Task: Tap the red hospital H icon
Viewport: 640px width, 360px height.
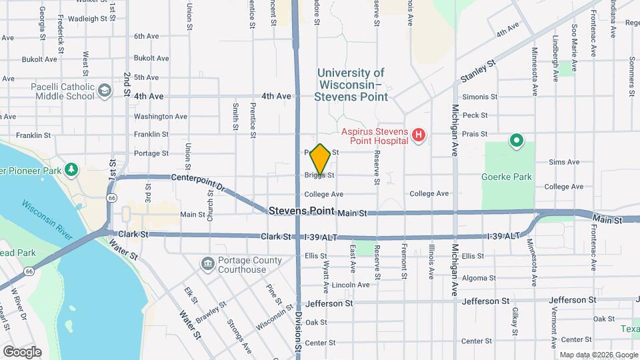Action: pyautogui.click(x=419, y=136)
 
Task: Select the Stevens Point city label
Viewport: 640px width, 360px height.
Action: pyautogui.click(x=302, y=211)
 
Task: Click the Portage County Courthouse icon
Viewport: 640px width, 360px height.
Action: pyautogui.click(x=207, y=264)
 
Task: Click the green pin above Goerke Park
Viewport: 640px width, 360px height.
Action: pyautogui.click(x=515, y=141)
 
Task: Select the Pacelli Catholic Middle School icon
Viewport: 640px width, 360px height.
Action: pyautogui.click(x=105, y=91)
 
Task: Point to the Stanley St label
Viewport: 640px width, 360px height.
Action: pyautogui.click(x=478, y=72)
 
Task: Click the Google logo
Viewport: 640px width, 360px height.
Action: pyautogui.click(x=21, y=351)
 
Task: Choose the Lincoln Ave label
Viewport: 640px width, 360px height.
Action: pyautogui.click(x=351, y=285)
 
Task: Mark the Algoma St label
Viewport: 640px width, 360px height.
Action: pyautogui.click(x=473, y=278)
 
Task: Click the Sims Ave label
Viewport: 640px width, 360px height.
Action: pyautogui.click(x=564, y=162)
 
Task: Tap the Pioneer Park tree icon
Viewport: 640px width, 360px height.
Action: pyautogui.click(x=71, y=169)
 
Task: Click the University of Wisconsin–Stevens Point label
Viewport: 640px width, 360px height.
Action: pyautogui.click(x=353, y=84)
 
